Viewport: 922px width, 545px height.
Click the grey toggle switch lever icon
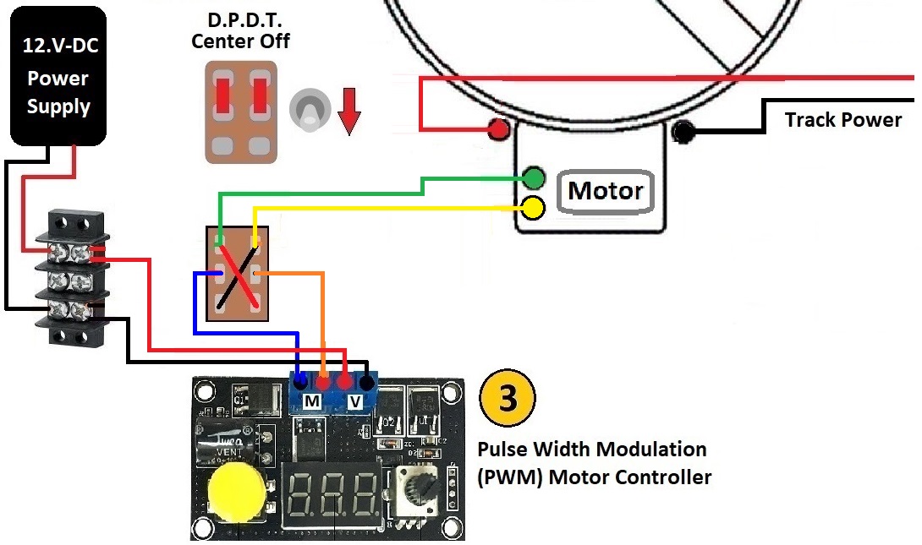309,111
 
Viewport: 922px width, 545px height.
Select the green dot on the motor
534,177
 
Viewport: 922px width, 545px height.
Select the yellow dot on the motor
534,206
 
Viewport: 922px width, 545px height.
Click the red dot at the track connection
498,130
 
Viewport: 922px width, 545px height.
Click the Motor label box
606,191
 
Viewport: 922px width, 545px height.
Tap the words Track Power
842,119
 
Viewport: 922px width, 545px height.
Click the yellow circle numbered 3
508,399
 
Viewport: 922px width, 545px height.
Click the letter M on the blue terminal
311,401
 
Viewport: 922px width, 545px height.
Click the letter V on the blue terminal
355,401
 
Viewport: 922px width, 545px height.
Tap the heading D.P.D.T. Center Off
241,30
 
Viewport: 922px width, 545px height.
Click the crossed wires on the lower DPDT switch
237,275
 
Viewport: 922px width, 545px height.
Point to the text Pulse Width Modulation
591,449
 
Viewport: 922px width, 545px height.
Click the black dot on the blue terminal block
365,381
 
